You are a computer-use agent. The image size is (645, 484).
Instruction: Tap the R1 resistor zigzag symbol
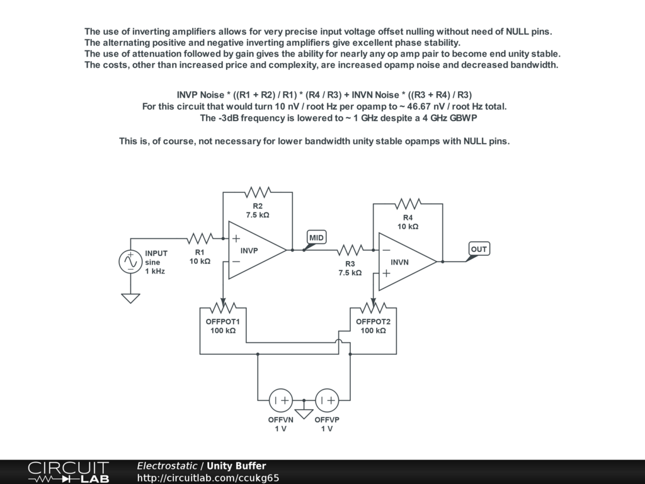[200, 238]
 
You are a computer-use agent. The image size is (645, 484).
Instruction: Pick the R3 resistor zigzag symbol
[350, 250]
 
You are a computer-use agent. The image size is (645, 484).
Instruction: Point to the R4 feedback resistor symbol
[408, 204]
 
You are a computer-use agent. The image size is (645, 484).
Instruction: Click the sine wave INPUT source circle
[130, 262]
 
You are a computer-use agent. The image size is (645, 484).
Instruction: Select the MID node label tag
[316, 238]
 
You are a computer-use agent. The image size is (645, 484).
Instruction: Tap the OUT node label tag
[479, 250]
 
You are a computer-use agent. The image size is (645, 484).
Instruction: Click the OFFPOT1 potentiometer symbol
[222, 308]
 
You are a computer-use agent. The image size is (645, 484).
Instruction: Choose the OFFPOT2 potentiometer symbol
[373, 308]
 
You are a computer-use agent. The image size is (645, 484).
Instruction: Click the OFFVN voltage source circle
[280, 400]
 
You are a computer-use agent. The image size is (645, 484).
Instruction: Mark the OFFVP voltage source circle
[327, 400]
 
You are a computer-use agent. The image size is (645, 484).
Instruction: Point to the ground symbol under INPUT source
[130, 298]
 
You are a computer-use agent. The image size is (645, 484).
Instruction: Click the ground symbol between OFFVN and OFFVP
[304, 413]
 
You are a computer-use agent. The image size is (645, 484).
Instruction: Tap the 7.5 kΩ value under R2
[258, 215]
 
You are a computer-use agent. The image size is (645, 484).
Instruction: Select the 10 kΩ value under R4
[408, 226]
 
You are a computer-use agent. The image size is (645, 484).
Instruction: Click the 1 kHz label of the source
[155, 271]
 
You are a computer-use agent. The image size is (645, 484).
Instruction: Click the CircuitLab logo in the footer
[68, 472]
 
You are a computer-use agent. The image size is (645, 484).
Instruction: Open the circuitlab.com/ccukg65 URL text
[208, 478]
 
